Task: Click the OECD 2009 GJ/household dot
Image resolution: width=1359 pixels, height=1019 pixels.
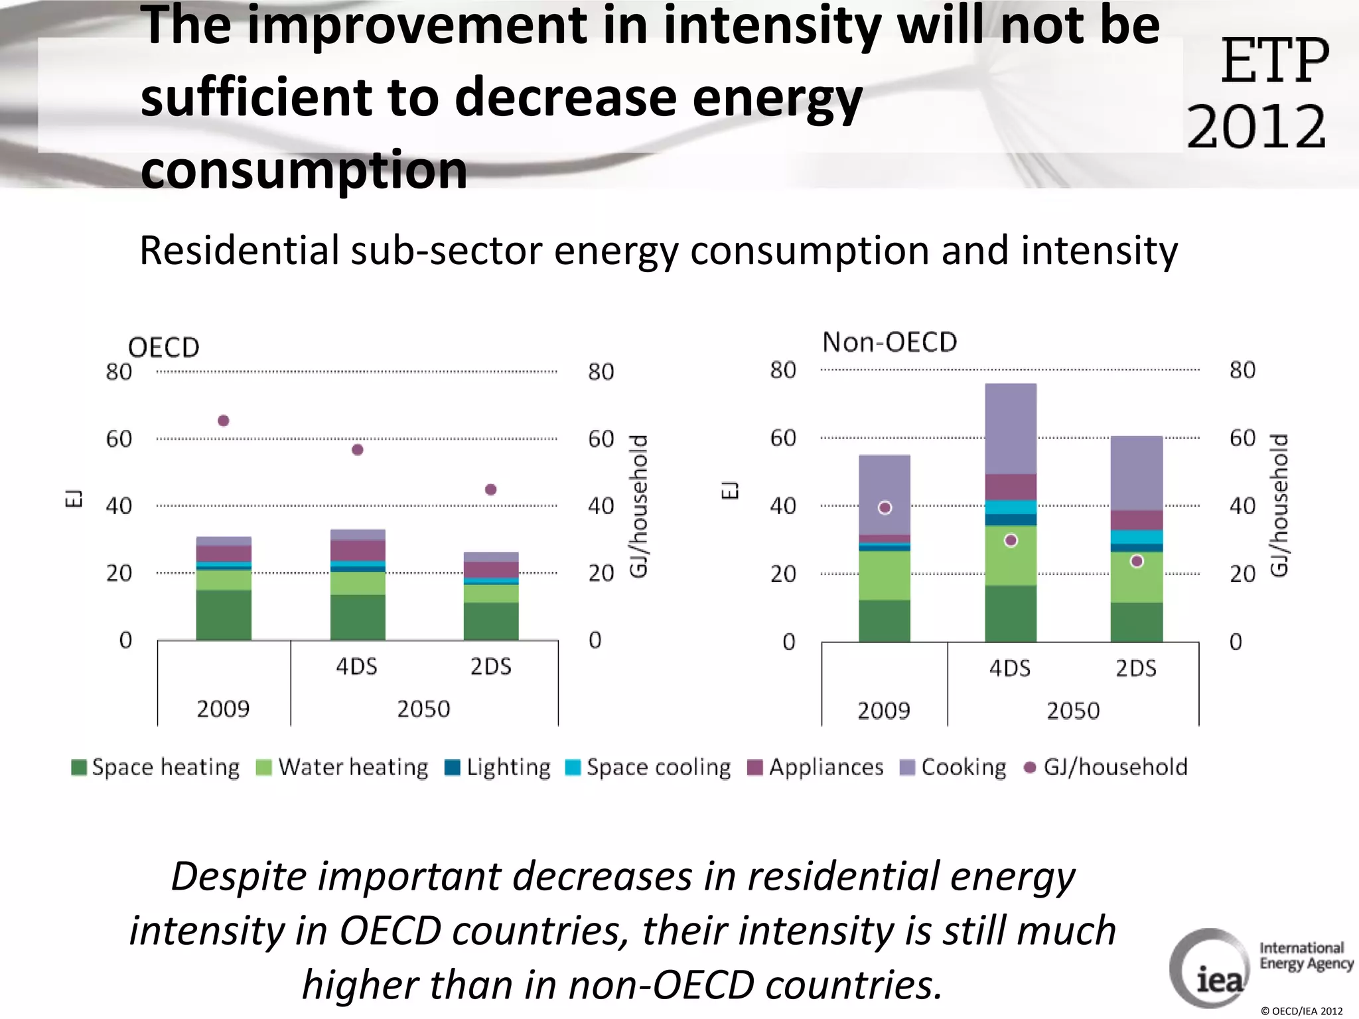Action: [x=224, y=421]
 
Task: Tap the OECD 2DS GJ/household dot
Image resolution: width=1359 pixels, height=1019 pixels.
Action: [x=491, y=490]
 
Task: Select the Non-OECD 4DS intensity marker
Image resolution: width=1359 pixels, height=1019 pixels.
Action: [x=1011, y=541]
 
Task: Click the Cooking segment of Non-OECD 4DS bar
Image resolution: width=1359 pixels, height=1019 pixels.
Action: [x=1011, y=428]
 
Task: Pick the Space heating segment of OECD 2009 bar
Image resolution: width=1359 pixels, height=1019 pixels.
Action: [x=224, y=615]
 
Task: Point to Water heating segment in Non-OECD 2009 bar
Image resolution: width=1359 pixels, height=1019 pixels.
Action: [x=885, y=575]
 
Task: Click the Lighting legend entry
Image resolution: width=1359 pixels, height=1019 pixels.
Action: [x=498, y=768]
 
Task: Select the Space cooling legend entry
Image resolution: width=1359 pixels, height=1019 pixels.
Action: [x=648, y=768]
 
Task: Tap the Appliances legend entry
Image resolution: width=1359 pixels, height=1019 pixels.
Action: [x=816, y=768]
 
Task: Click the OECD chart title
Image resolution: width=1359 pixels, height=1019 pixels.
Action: [x=163, y=348]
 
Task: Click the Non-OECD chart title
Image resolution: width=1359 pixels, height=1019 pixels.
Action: [x=889, y=342]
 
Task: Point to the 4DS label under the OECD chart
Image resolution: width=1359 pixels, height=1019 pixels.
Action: [x=356, y=666]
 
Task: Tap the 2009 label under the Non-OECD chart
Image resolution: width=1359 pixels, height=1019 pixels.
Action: [x=884, y=711]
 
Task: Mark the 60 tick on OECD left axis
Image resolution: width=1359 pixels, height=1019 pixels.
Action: [x=119, y=439]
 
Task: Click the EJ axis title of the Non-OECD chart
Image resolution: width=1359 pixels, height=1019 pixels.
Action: [x=729, y=490]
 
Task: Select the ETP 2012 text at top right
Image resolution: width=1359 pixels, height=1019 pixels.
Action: [x=1259, y=93]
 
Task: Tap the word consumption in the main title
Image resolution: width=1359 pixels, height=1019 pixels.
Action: [x=304, y=170]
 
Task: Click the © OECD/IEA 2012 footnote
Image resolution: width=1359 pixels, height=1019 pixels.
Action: [x=1301, y=1011]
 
